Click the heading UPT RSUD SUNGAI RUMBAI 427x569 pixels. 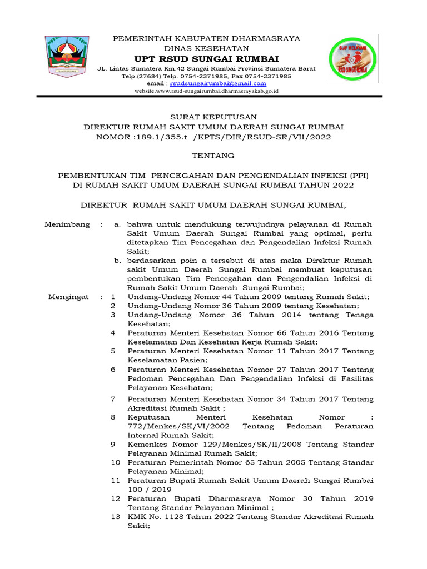pyautogui.click(x=206, y=59)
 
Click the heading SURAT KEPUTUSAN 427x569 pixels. pyautogui.click(x=213, y=117)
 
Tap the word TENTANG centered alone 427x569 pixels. pyautogui.click(x=213, y=156)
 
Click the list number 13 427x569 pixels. pyautogui.click(x=115, y=517)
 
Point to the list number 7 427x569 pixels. pyautogui.click(x=113, y=399)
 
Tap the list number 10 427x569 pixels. pyautogui.click(x=115, y=462)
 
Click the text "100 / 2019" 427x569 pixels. pyautogui.click(x=148, y=489)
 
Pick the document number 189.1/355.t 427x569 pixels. pyautogui.click(x=148, y=136)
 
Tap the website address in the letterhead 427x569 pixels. pyautogui.click(x=206, y=91)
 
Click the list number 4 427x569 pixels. pyautogui.click(x=113, y=333)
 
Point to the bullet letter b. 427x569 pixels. pyautogui.click(x=117, y=261)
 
